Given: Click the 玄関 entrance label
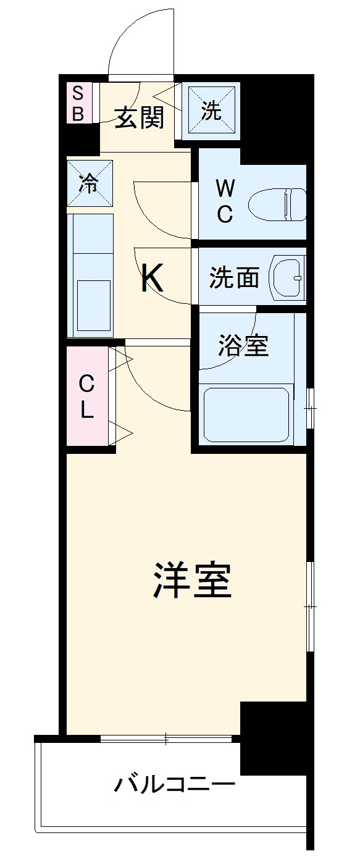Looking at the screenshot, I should [140, 117].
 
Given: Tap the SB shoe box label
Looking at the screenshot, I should [78, 103].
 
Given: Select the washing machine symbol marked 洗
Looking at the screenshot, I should [212, 110].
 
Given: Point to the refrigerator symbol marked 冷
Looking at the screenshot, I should [90, 183].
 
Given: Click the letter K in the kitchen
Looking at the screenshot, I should [151, 278].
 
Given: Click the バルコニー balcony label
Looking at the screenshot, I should [174, 785].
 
